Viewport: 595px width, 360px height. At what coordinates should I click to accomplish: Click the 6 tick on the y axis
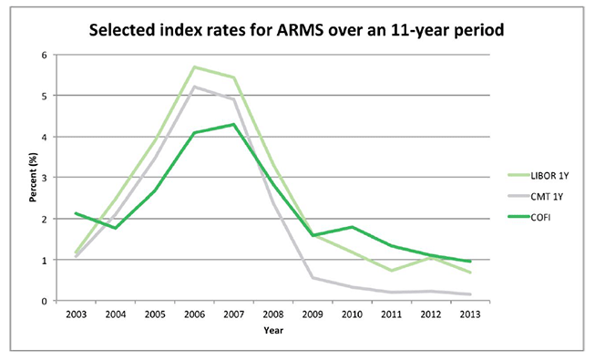(x=44, y=55)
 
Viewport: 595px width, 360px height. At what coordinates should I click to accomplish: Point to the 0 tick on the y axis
(x=44, y=301)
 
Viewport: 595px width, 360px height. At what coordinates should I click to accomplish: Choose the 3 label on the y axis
(x=44, y=178)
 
